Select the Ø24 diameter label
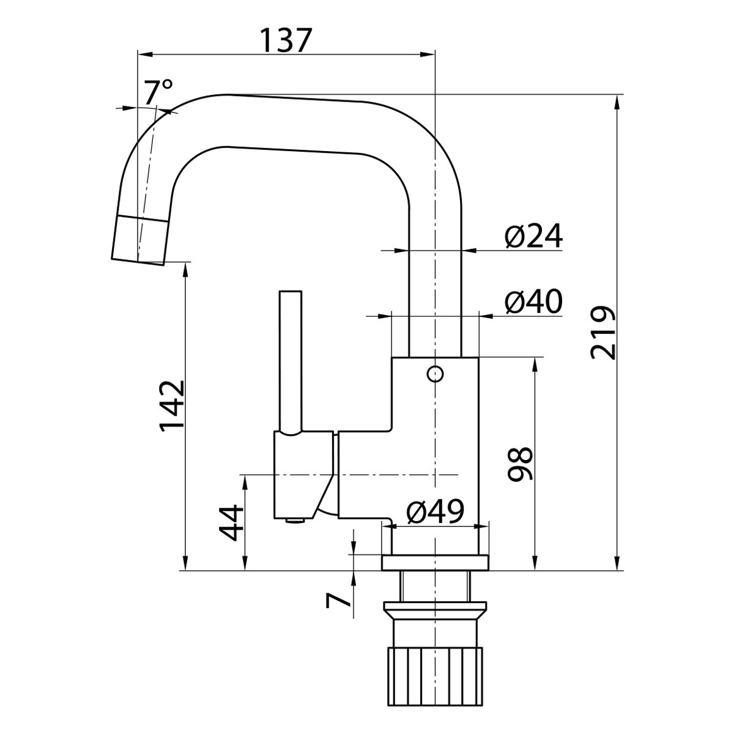tap(533, 237)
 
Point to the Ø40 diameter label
tap(533, 302)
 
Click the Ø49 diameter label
tap(436, 511)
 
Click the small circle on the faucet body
tap(436, 374)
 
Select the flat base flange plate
tap(435, 563)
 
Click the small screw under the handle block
tap(295, 521)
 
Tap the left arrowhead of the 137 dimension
tap(145, 54)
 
